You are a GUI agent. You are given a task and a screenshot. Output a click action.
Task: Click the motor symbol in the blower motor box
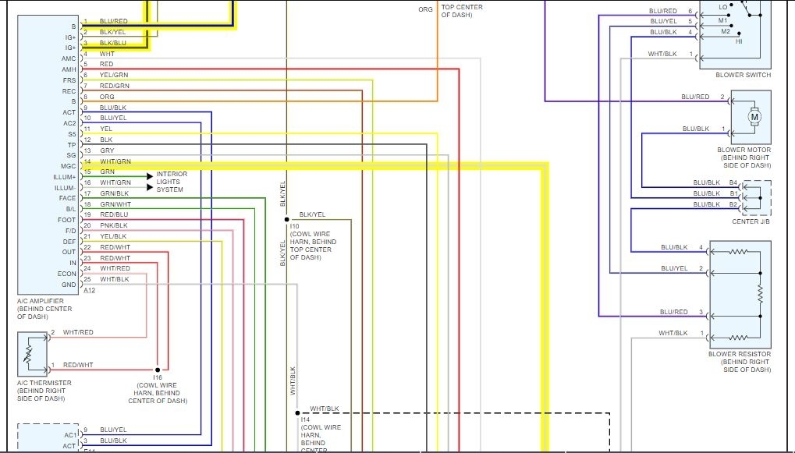tap(754, 117)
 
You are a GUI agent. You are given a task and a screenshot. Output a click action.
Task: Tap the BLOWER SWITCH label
tap(743, 75)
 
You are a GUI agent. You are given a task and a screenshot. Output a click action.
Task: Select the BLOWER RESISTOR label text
tap(740, 355)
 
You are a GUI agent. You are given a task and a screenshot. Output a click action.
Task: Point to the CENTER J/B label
tap(751, 221)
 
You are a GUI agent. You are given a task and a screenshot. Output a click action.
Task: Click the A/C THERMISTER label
tap(44, 383)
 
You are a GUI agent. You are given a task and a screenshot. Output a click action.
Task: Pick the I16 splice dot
tap(158, 368)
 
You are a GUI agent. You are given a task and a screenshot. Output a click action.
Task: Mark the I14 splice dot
tap(297, 412)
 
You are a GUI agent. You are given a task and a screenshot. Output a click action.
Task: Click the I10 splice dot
tap(287, 219)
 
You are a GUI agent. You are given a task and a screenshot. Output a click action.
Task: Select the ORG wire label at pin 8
tap(107, 97)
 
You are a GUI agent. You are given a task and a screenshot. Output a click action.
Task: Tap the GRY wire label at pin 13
tap(107, 150)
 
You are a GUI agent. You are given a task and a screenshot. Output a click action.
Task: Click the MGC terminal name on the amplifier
tap(69, 166)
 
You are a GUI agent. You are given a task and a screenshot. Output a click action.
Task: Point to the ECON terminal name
tap(67, 274)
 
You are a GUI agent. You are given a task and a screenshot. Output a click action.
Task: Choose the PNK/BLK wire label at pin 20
tap(113, 225)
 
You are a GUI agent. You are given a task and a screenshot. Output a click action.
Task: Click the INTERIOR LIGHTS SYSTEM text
tap(172, 182)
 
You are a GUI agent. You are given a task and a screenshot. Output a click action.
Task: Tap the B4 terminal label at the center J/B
tap(733, 182)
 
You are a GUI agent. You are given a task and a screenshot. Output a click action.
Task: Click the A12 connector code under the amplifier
tap(89, 291)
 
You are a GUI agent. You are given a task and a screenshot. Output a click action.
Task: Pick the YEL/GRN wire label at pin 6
tap(114, 75)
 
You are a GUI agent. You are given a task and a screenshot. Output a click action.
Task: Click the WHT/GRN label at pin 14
tap(115, 161)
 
